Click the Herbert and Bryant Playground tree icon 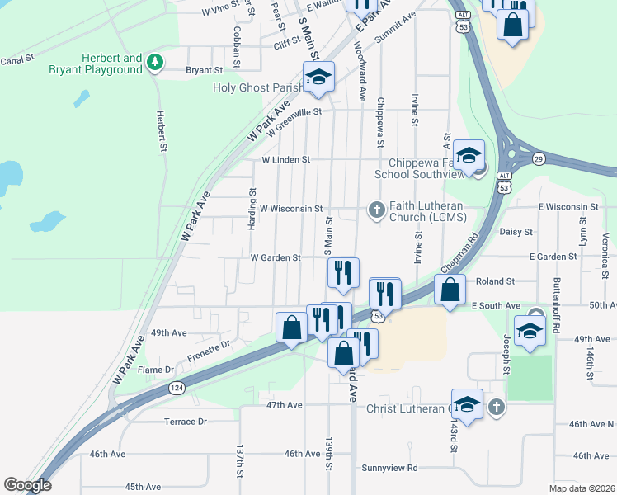click(153, 63)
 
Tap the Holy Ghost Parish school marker click(318, 78)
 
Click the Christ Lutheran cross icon click(496, 407)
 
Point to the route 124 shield click(177, 387)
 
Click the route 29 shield click(537, 157)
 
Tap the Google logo click(27, 485)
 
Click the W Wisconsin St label click(290, 210)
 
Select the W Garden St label click(276, 258)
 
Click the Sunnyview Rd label click(389, 468)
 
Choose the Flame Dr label click(156, 370)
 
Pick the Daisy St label click(516, 233)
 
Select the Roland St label click(495, 281)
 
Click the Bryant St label click(205, 71)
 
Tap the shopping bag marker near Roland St click(450, 290)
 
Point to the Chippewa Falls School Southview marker click(468, 156)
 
